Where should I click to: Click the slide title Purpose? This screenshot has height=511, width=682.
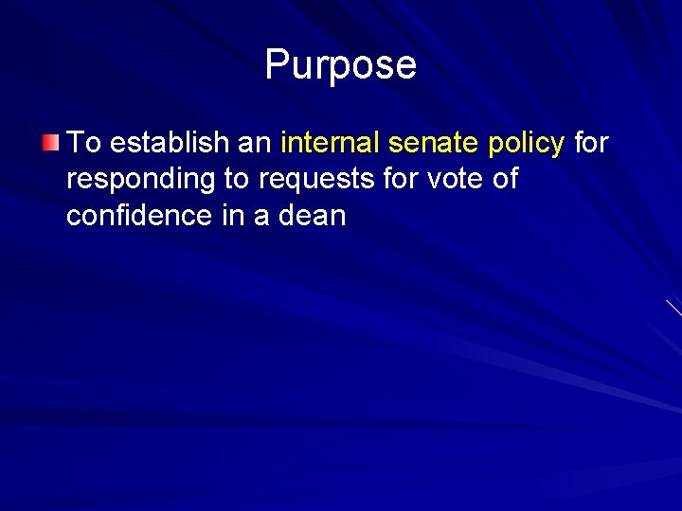[340, 64]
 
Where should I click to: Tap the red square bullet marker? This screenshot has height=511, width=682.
[50, 144]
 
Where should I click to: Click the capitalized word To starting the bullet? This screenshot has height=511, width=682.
[83, 143]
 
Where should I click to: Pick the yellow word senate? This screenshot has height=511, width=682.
[430, 143]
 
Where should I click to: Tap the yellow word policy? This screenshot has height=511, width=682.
[526, 144]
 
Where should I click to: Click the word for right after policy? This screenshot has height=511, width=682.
[591, 143]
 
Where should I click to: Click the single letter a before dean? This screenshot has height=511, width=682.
[260, 216]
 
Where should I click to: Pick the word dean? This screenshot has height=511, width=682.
[312, 215]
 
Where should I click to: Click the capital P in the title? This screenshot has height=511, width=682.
[277, 64]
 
